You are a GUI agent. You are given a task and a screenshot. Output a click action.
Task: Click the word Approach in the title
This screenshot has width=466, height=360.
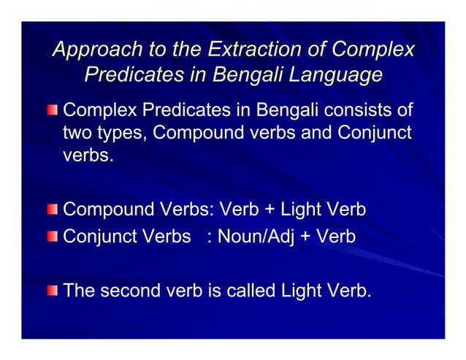pos(91,50)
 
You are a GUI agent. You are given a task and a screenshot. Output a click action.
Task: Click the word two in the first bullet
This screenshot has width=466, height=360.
pos(78,134)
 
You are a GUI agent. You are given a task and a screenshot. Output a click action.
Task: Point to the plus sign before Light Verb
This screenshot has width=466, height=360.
pos(268,210)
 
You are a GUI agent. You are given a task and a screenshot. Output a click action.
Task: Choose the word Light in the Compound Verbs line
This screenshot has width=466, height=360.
pos(303,210)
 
